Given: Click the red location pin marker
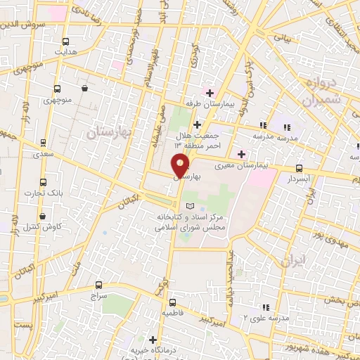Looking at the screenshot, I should [x=181, y=165].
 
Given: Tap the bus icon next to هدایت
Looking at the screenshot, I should [x=66, y=41].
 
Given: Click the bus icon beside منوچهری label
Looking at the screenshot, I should [x=57, y=89].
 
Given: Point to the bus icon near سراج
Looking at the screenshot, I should [x=97, y=285].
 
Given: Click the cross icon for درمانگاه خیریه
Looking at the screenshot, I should [x=153, y=340].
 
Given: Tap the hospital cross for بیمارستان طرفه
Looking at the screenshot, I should [x=210, y=92].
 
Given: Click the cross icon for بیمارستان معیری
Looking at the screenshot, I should [x=242, y=154].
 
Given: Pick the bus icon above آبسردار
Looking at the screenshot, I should [x=300, y=168].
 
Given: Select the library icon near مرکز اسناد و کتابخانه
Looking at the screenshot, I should [x=188, y=206].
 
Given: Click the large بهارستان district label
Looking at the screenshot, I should [x=109, y=131].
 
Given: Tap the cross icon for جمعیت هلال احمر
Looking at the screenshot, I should [x=198, y=124].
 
